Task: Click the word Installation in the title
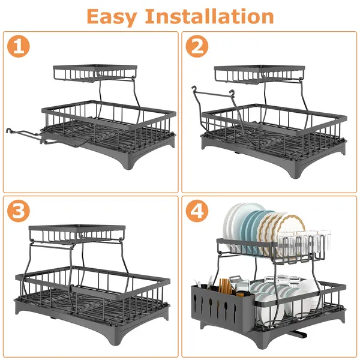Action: pyautogui.click(x=217, y=16)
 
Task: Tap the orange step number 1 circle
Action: pyautogui.click(x=19, y=47)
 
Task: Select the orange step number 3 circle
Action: pyautogui.click(x=19, y=212)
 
